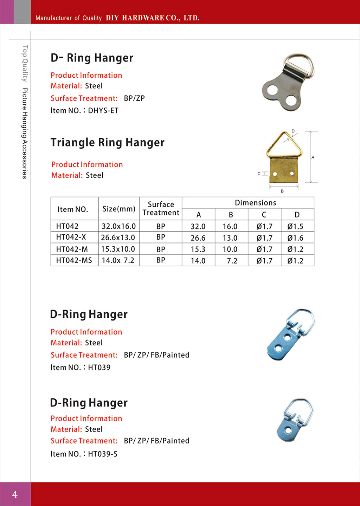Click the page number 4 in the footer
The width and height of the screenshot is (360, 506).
(15, 494)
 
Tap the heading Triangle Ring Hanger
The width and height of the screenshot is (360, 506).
(107, 142)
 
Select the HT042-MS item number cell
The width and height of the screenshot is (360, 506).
(74, 260)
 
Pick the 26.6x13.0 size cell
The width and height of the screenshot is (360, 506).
(118, 238)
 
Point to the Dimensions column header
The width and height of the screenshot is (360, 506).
(255, 203)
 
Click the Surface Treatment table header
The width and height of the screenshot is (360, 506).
(161, 208)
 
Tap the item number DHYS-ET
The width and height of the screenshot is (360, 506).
(103, 111)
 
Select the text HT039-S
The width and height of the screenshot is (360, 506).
(103, 454)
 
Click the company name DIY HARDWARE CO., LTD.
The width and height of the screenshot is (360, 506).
(153, 18)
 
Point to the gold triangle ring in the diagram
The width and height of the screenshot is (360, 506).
(284, 144)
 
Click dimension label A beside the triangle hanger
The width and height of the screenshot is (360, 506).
(313, 157)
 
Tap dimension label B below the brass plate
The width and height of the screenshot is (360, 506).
(282, 191)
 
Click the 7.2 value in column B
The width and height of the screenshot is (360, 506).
(232, 261)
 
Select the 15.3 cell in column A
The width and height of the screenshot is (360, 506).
(198, 249)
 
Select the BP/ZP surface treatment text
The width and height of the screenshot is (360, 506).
(134, 98)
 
